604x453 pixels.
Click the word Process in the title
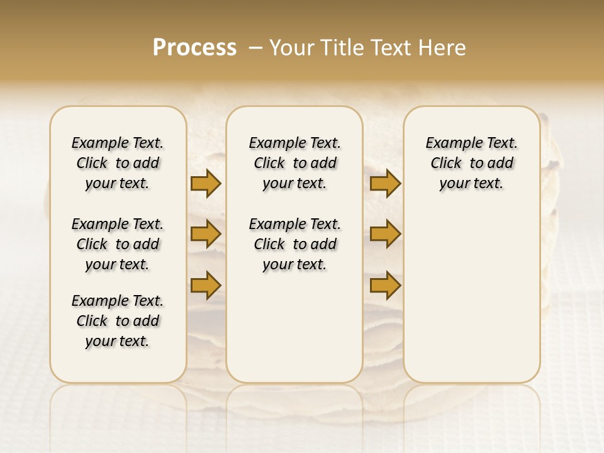pyautogui.click(x=194, y=48)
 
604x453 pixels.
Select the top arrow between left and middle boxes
pyautogui.click(x=206, y=183)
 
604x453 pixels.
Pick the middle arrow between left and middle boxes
pyautogui.click(x=206, y=234)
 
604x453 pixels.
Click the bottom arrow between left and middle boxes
pyautogui.click(x=206, y=285)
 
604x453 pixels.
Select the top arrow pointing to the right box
pyautogui.click(x=385, y=183)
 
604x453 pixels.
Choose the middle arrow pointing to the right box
pyautogui.click(x=385, y=234)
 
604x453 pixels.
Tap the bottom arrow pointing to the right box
pyautogui.click(x=385, y=285)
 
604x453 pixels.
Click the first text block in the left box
pyautogui.click(x=118, y=163)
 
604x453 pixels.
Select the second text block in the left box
pyautogui.click(x=118, y=244)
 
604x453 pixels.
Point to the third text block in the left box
pyautogui.click(x=118, y=321)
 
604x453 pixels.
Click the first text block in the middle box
pyautogui.click(x=294, y=163)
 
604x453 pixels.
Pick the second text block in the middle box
pyautogui.click(x=294, y=244)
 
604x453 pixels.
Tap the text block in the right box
pyautogui.click(x=471, y=163)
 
